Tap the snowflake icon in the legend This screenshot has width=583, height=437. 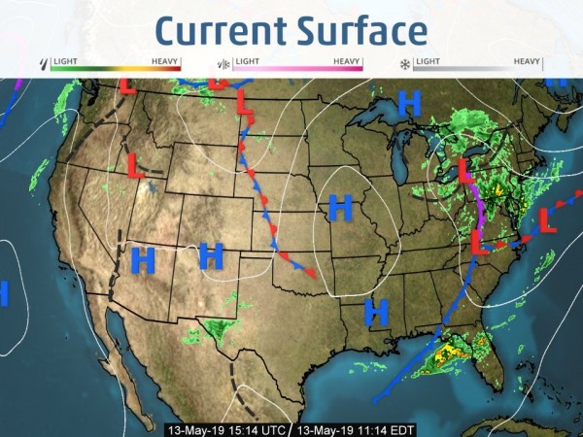(x=404, y=65)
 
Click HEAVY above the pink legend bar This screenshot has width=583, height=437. (x=347, y=60)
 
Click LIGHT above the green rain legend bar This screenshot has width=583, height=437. (x=65, y=60)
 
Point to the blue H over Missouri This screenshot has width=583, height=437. (x=339, y=207)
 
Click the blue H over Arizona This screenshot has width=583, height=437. (x=143, y=259)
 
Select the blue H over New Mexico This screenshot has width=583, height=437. (x=211, y=255)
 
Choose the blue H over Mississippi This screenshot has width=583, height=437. (x=376, y=312)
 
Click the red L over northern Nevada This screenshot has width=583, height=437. (x=136, y=165)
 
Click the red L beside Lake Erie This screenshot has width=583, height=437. (x=466, y=172)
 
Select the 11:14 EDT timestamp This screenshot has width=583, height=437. (x=351, y=429)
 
